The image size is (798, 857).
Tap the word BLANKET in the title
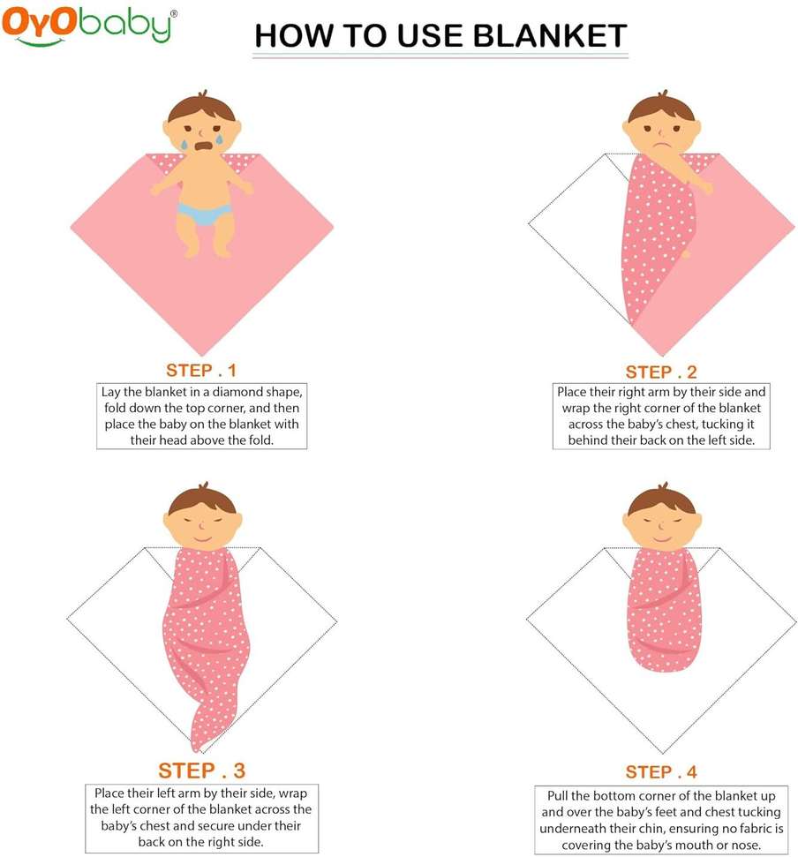tap(549, 36)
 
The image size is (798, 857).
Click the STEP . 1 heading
tap(201, 371)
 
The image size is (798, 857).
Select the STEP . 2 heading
tap(661, 372)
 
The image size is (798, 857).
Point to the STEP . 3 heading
tap(201, 771)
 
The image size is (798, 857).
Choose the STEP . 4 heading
tap(661, 772)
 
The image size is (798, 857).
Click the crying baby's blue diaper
tap(205, 214)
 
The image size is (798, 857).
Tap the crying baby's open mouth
tap(204, 147)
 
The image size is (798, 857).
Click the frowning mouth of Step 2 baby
tap(662, 147)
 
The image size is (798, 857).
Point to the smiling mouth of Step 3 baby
tap(202, 539)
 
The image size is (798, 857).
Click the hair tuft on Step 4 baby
tap(663, 486)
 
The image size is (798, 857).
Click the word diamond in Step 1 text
tap(236, 392)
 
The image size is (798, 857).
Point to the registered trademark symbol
tap(174, 13)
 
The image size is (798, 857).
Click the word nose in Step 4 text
tap(746, 846)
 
